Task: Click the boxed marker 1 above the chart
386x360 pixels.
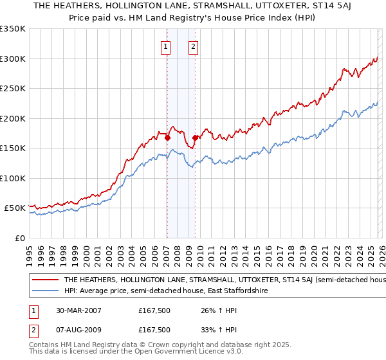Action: [166, 46]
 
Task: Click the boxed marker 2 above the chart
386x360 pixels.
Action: [193, 46]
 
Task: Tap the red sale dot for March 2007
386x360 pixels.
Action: [167, 137]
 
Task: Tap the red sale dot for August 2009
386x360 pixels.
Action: [195, 137]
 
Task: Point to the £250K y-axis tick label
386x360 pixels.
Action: [13, 89]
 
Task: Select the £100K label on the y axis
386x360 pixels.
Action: [13, 178]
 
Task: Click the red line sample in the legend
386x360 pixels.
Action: [46, 280]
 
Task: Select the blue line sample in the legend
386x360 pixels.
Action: [46, 291]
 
